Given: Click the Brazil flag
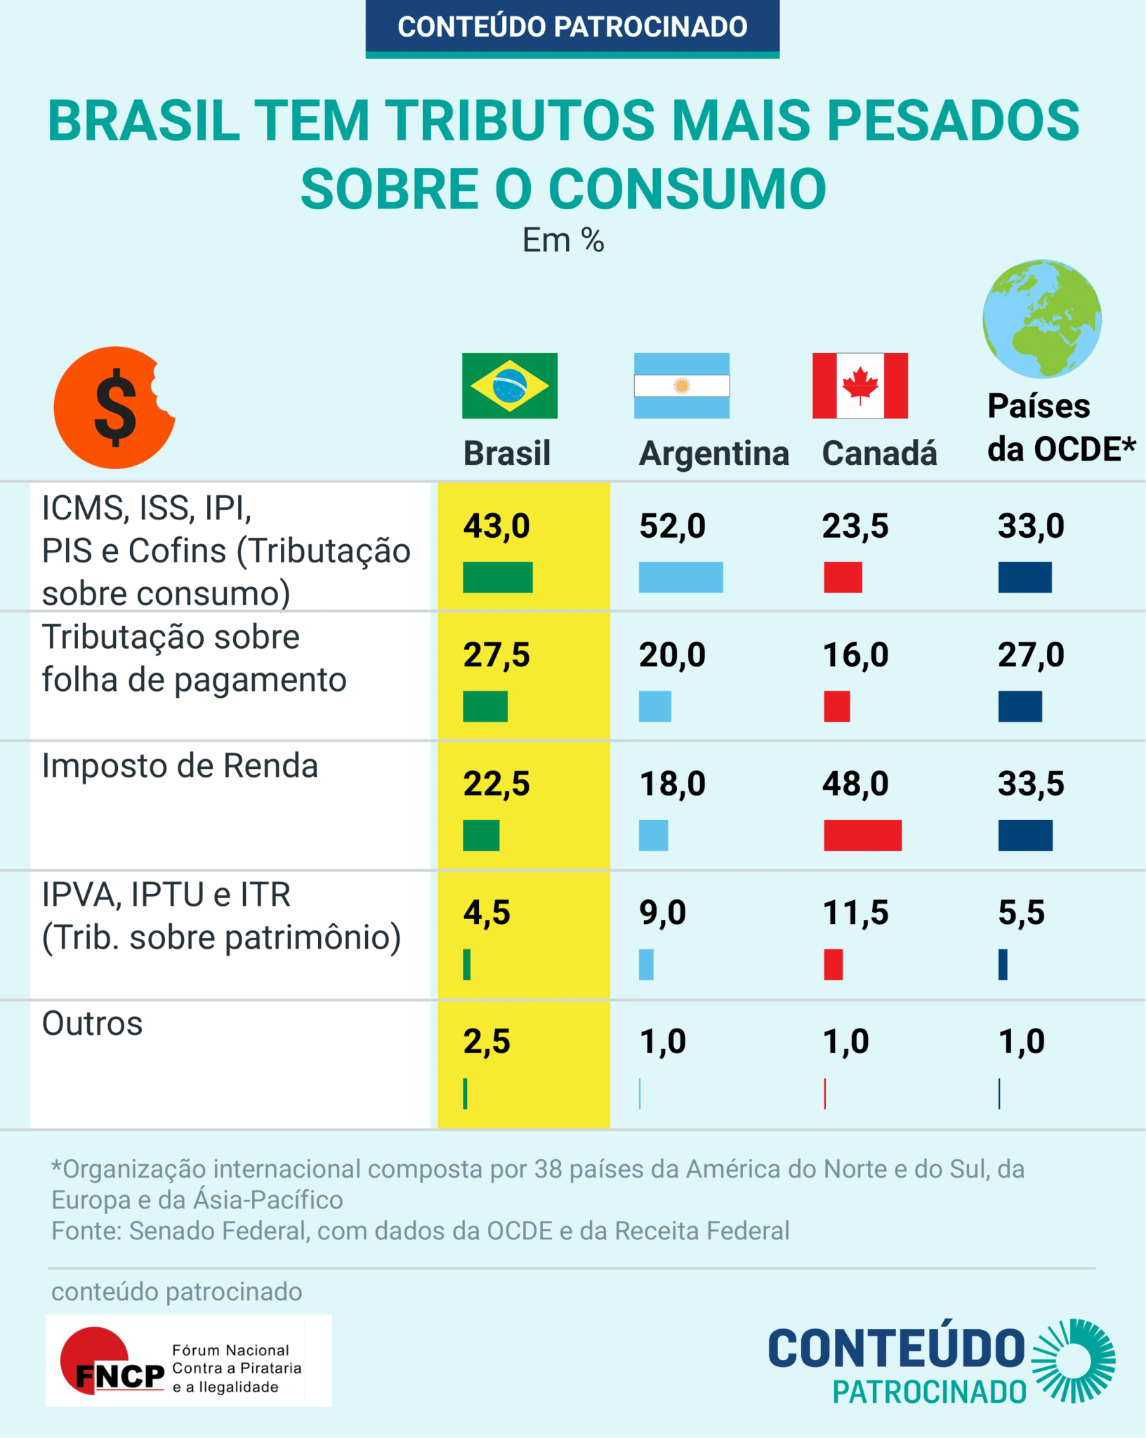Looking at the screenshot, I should click(x=509, y=385).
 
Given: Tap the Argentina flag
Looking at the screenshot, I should click(x=681, y=385).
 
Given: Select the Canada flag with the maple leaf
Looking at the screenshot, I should click(x=859, y=385).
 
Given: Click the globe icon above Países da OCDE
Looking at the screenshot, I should click(x=1041, y=319).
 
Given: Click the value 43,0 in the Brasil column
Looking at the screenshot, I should click(x=496, y=526).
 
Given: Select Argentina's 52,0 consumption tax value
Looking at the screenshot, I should click(x=672, y=526).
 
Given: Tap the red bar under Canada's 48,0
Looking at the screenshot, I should click(x=862, y=836).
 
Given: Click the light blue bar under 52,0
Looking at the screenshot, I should click(x=680, y=577).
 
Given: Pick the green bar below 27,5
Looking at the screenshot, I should click(x=485, y=706).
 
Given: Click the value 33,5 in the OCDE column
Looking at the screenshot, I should click(x=1031, y=784).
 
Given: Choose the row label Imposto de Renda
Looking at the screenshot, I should click(x=180, y=766).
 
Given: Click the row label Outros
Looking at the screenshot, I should click(x=92, y=1024).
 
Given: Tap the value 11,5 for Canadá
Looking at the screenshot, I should click(x=855, y=913).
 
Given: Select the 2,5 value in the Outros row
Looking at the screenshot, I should click(x=486, y=1041).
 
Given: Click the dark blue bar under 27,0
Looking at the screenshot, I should click(x=1020, y=706).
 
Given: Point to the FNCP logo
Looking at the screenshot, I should click(x=188, y=1361).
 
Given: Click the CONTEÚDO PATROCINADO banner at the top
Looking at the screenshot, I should click(x=572, y=27).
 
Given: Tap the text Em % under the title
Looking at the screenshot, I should click(x=563, y=241).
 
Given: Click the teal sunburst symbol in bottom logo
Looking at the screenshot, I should click(x=1073, y=1361).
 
